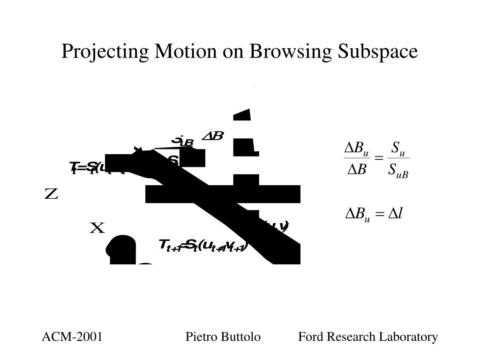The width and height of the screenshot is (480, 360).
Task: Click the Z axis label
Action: click(51, 194)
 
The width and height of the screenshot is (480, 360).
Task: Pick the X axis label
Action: click(97, 228)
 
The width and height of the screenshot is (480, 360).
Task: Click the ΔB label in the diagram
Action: click(213, 136)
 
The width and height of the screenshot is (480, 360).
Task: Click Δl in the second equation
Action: click(397, 214)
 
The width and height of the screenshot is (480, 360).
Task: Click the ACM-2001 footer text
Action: click(72, 337)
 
